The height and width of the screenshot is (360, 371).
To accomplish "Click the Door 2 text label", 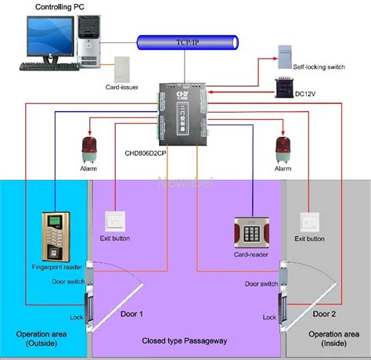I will pos(323,314).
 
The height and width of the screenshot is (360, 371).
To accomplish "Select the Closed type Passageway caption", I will pos(185,340).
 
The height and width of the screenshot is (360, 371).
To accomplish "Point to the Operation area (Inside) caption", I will pos(326,340).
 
